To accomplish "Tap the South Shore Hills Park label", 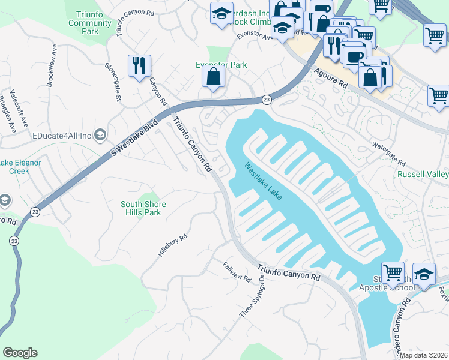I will (x=143, y=208).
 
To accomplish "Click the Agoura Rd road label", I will (x=331, y=78).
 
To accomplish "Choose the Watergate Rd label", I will (x=388, y=155).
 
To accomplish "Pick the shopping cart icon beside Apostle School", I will (x=393, y=274).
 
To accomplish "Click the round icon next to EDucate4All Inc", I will (x=100, y=136).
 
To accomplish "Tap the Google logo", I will (x=20, y=353).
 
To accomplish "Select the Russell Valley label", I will (x=423, y=175).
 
